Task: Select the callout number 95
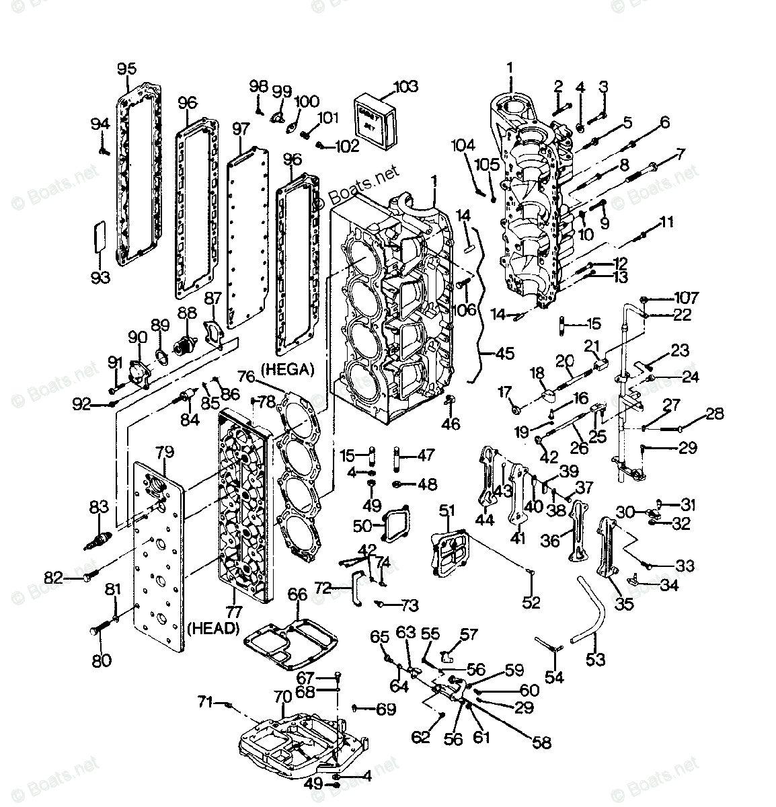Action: tap(126, 69)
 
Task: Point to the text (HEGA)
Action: tap(288, 369)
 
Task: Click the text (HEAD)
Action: tap(214, 628)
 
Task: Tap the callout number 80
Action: tap(101, 660)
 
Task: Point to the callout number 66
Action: tap(297, 594)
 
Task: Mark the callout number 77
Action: tap(235, 611)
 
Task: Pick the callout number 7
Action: tap(681, 154)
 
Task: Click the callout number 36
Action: tap(550, 539)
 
